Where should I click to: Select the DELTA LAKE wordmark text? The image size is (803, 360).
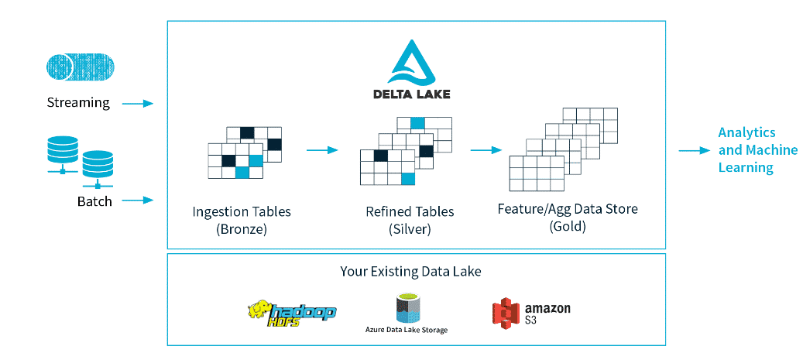[x=417, y=94]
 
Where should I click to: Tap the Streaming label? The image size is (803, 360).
[x=78, y=102]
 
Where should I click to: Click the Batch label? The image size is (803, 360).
[x=94, y=201]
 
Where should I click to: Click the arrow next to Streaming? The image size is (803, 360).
[x=138, y=103]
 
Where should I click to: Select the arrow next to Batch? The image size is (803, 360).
[x=138, y=201]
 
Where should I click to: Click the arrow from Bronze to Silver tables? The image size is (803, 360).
[x=322, y=150]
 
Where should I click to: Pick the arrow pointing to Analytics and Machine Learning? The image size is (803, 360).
[x=694, y=150]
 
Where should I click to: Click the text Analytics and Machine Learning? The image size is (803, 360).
[x=746, y=150]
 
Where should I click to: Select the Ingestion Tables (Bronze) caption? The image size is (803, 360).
[x=242, y=219]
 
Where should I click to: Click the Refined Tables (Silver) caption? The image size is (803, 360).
[x=410, y=219]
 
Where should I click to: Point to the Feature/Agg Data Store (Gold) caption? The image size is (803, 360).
[x=568, y=218]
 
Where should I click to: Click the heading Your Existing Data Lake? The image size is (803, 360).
[x=417, y=272]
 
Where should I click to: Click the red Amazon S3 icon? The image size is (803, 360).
[x=505, y=313]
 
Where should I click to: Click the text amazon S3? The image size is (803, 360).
[x=547, y=313]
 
